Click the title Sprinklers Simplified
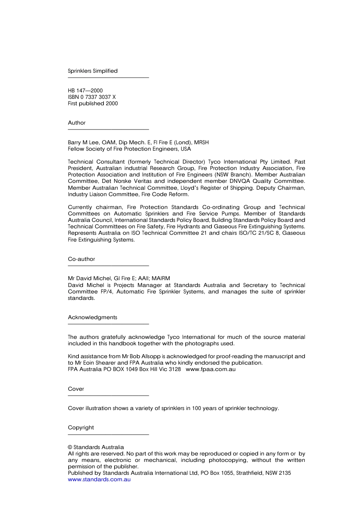92,71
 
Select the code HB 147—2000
85,90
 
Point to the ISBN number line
92,97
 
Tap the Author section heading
77,123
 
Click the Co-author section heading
81,259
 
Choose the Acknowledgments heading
92,317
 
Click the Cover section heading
76,389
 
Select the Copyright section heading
81,427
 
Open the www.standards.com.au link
99,479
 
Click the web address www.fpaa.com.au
210,369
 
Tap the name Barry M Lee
83,142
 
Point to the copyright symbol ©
70,447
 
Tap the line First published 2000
93,103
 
